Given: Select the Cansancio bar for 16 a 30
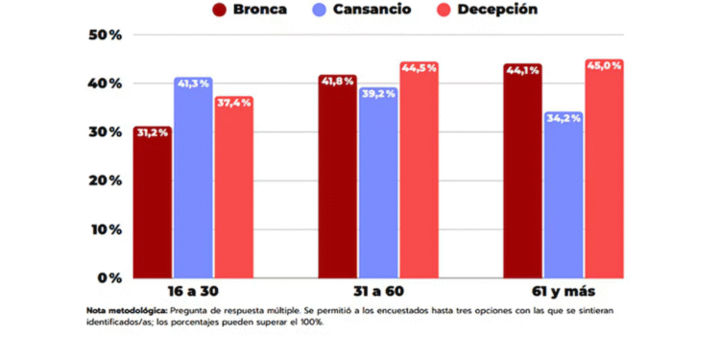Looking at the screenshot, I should tap(193, 178).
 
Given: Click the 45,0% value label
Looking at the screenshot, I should tap(604, 66).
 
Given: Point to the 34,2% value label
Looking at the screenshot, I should tap(564, 118).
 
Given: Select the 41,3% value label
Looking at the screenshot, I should tap(193, 84).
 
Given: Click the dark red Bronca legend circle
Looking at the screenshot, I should tap(220, 10).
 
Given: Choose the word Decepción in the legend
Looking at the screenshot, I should tap(497, 10).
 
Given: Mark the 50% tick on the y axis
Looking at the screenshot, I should tap(105, 36).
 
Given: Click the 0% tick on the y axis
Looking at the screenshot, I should tap(109, 277).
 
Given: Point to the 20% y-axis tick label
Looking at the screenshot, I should tap(105, 180).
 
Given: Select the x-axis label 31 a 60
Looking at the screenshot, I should tap(377, 291).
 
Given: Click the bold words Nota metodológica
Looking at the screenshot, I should tap(120, 311).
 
